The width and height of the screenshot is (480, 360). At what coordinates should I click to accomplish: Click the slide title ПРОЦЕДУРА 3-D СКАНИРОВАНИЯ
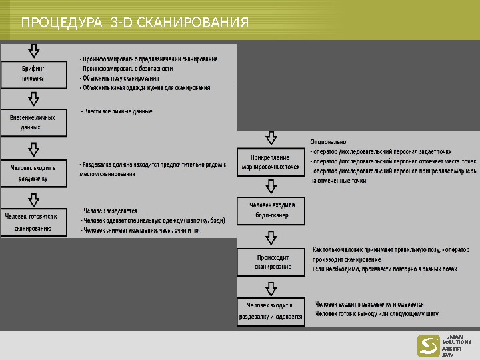click(x=135, y=24)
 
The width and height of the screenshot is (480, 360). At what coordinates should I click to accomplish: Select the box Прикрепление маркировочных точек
click(x=270, y=162)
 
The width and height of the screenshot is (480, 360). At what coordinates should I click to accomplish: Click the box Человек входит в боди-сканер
click(x=270, y=210)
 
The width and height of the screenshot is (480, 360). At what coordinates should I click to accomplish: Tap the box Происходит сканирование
click(x=270, y=262)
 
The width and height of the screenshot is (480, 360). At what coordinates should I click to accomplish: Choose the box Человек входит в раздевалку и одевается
click(x=270, y=311)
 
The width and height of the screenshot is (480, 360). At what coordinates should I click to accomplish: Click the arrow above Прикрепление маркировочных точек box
click(x=271, y=138)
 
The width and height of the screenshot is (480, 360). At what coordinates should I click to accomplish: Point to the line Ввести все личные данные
click(x=117, y=111)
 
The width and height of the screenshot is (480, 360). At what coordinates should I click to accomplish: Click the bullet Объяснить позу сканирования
click(x=119, y=78)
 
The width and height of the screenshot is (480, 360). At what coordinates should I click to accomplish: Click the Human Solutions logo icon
click(x=427, y=345)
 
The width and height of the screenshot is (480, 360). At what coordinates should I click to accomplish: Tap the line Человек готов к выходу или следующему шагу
click(x=377, y=313)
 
